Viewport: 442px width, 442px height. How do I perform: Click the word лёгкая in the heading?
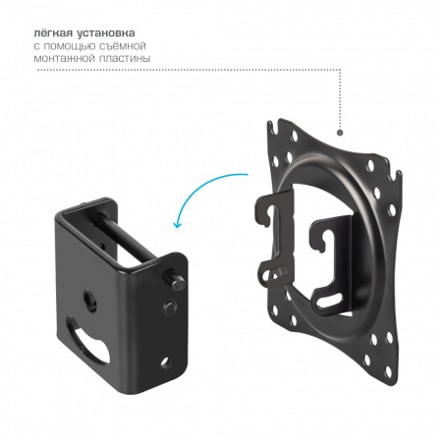(x=53, y=33)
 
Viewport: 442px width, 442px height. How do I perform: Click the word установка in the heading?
(x=106, y=33)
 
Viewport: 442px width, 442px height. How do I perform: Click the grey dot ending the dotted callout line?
(x=340, y=133)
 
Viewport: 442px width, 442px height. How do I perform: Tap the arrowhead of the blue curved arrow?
(x=177, y=224)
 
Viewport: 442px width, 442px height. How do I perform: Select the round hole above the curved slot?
(x=90, y=299)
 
